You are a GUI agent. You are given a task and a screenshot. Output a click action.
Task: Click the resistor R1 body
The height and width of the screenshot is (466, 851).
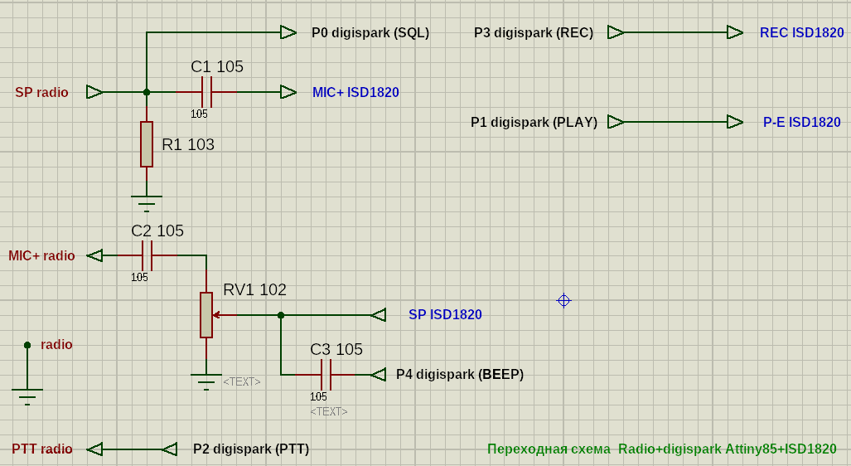tap(147, 144)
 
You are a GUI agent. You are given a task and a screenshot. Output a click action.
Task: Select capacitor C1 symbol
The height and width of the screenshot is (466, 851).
tap(207, 92)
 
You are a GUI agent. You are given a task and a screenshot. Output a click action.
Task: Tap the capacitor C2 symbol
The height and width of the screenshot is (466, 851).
tap(147, 255)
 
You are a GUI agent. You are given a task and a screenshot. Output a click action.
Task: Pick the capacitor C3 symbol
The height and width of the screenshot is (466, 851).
tap(326, 375)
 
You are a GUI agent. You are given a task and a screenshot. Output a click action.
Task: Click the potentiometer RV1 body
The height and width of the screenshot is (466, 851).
tap(206, 315)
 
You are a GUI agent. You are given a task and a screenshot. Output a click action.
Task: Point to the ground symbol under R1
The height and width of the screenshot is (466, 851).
tap(147, 201)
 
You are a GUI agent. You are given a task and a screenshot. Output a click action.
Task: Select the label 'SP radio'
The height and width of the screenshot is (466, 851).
tap(41, 92)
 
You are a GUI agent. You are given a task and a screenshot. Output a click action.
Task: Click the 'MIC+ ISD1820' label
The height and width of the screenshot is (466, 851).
tap(355, 92)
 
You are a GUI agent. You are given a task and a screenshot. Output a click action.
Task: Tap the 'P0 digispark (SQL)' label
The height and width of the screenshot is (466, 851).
tap(370, 33)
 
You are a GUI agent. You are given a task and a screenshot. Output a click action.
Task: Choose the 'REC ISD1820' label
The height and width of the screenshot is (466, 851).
tap(801, 33)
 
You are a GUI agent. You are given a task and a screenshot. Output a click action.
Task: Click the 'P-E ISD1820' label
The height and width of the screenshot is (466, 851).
tap(801, 122)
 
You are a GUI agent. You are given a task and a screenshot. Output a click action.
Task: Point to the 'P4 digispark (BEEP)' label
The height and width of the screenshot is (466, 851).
tap(460, 374)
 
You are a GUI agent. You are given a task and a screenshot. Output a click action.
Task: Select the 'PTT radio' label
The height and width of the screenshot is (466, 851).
tap(42, 449)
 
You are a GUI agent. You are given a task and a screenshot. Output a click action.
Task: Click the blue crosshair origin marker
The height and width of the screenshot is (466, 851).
tap(563, 300)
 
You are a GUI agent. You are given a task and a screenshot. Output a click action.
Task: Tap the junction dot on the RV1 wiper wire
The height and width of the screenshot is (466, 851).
tap(281, 315)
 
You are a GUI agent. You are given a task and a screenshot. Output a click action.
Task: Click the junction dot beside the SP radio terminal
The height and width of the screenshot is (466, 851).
tap(147, 92)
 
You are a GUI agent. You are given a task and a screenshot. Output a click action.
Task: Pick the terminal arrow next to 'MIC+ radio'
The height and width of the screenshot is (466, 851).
tap(95, 255)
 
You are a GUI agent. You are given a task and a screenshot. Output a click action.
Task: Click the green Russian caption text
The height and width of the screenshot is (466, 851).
tap(661, 449)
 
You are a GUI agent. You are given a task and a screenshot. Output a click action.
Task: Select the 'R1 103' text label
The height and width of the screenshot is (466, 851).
tap(188, 144)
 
